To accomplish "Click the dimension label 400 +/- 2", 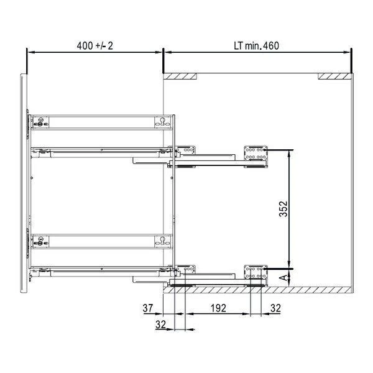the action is (94, 45).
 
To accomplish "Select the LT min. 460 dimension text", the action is (256, 45).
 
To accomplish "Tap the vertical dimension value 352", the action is (283, 209).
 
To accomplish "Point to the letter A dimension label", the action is (283, 277).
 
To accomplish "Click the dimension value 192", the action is (218, 308).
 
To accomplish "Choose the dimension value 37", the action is (148, 308).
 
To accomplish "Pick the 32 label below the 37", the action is (160, 325).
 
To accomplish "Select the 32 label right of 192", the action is (275, 308).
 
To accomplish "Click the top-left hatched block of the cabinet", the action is (180, 76).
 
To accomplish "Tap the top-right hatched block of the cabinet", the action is (334, 76).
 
